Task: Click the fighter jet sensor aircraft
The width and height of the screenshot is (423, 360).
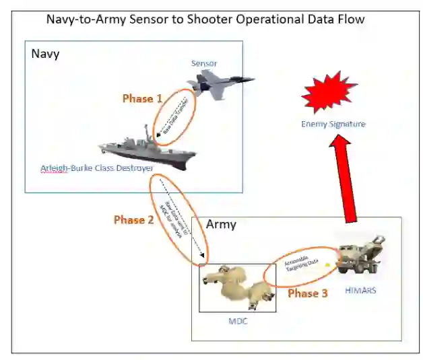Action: (x=219, y=83)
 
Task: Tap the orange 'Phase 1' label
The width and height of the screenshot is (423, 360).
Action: (x=142, y=98)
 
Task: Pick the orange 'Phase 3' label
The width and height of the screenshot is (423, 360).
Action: (x=307, y=293)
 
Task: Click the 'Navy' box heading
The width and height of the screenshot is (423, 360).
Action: (x=45, y=54)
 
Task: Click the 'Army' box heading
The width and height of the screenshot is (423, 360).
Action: (x=221, y=224)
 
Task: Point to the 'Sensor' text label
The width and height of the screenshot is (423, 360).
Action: (x=204, y=64)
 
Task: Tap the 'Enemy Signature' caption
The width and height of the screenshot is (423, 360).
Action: (x=333, y=124)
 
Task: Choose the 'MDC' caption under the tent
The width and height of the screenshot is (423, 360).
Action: (x=238, y=322)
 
